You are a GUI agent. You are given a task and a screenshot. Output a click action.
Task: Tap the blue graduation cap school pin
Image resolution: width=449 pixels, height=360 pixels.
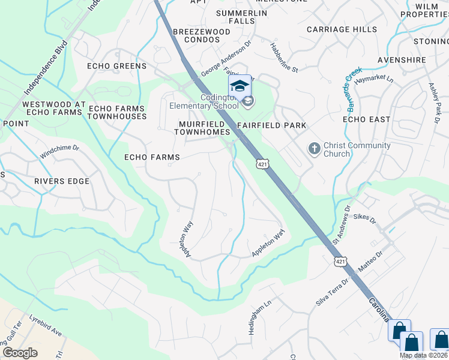pos(240,86)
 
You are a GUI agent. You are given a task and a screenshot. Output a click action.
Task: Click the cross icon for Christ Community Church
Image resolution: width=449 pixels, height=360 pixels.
pos(313,148)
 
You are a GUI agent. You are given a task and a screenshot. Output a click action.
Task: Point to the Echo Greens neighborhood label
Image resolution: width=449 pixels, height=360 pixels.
pos(116,66)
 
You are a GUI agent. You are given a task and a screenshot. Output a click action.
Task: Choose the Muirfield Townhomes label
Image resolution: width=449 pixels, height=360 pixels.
pos(204,128)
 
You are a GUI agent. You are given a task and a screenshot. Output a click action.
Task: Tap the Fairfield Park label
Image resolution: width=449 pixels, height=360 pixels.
pos(271,125)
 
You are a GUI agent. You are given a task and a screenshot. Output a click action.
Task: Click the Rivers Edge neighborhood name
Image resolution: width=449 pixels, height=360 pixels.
pos(61,181)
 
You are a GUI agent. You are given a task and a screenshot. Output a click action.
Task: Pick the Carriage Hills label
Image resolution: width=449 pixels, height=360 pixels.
pos(342,29)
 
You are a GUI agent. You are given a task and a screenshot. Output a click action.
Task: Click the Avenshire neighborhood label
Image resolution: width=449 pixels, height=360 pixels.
pos(402,60)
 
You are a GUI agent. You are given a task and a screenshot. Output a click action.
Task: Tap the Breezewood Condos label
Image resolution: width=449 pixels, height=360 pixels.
pos(202,36)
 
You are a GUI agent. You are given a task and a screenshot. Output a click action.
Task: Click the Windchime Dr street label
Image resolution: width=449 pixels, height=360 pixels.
pos(59,151)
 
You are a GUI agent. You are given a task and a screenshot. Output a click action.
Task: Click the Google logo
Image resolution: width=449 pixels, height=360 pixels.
pos(20,352)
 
